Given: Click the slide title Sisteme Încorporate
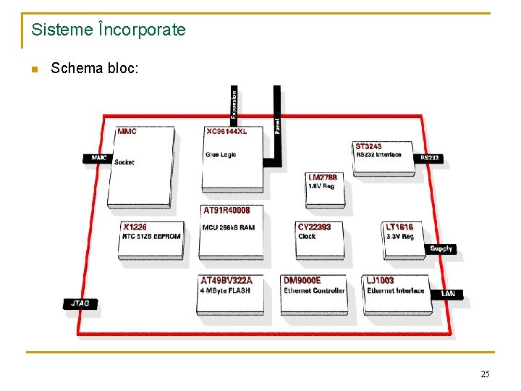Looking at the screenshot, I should (109, 30).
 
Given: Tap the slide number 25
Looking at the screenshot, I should (485, 374).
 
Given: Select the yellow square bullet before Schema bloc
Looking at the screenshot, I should (33, 70).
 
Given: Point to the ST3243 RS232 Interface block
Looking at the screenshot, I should (383, 156).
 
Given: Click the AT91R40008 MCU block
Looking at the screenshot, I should (231, 232).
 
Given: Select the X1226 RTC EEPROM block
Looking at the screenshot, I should (151, 239).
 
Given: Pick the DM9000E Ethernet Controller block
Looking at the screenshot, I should (313, 293).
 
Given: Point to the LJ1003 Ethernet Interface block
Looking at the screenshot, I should (397, 293).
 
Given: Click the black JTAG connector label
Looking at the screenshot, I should (80, 303).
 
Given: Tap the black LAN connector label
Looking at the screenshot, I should (449, 293).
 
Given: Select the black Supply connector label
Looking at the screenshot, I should (441, 248).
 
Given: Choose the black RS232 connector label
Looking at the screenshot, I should (429, 158).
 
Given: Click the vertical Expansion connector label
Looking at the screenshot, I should (234, 104).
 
